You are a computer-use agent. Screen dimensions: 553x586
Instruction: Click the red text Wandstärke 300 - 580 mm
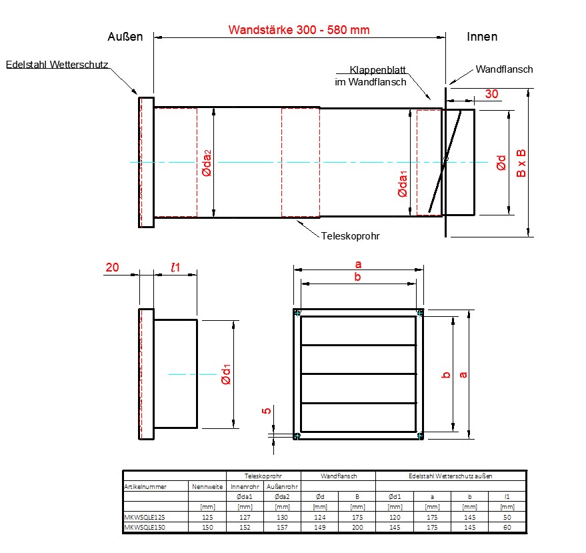(299, 30)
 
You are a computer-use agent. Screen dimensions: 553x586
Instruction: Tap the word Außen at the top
(125, 37)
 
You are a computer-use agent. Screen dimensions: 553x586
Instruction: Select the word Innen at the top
(482, 37)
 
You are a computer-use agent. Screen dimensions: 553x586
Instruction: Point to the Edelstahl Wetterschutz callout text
(57, 65)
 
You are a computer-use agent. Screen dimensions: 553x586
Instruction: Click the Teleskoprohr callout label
(350, 236)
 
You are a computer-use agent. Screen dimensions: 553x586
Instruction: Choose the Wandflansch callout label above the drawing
(505, 69)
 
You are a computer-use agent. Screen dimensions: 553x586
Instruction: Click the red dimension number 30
(491, 94)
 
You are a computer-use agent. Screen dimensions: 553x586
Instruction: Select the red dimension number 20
(113, 267)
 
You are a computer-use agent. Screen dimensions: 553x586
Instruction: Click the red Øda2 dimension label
(207, 163)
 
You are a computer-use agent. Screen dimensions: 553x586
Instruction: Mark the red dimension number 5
(267, 411)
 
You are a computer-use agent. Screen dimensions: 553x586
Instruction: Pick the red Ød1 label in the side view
(227, 374)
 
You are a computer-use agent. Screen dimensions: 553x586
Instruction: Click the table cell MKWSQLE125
(143, 517)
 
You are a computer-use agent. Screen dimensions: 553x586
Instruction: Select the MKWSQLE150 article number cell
(143, 527)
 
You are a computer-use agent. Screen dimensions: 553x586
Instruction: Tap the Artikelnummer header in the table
(145, 486)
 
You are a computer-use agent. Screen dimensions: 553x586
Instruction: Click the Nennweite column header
(207, 486)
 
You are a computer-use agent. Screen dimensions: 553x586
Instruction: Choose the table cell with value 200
(357, 527)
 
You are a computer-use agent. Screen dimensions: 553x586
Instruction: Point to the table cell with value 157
(282, 527)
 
